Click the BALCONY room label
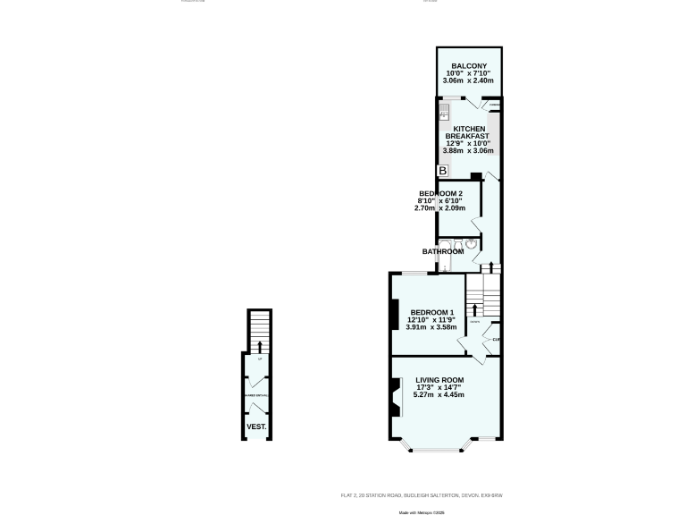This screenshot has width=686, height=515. [469, 66]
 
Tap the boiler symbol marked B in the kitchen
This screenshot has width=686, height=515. [441, 171]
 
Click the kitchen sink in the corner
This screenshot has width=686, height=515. [443, 113]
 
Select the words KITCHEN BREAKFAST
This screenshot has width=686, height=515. [469, 132]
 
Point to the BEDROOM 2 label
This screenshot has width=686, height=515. [440, 194]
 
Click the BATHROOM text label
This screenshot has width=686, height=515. [443, 251]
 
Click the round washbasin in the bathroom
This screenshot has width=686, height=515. [472, 243]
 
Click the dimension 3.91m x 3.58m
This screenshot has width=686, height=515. [431, 327]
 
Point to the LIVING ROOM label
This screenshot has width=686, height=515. [439, 379]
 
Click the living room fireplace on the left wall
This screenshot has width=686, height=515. [394, 397]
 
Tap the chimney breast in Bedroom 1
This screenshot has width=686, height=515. [394, 313]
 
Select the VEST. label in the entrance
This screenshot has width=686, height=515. [256, 426]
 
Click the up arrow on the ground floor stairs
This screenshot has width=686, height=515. [259, 345]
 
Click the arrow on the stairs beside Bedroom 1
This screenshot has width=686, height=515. [474, 311]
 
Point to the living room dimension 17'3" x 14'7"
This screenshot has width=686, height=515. [439, 387]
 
